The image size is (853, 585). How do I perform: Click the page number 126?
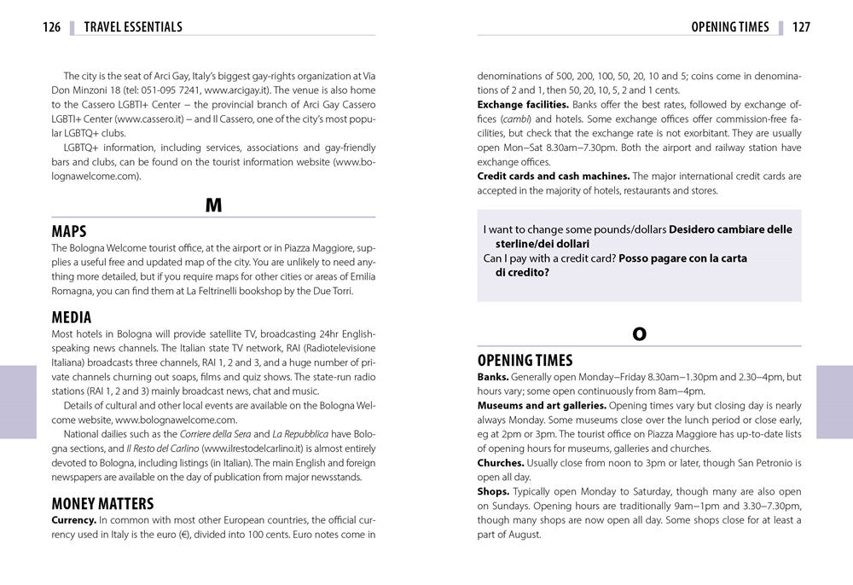coord(51,27)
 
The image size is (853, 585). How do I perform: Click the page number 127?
coord(801,27)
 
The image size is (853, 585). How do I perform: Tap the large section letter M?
coord(213,206)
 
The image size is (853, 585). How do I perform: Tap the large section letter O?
coord(639,334)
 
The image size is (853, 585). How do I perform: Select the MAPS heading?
coord(69,232)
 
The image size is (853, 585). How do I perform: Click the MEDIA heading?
coord(72,318)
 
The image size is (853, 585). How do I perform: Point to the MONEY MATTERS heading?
coord(102,503)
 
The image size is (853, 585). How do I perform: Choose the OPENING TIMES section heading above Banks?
coord(525,361)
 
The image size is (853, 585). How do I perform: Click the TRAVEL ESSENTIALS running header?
coord(133,27)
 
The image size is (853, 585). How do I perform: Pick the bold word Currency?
coord(73,519)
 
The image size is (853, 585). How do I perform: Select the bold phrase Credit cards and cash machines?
coord(554,177)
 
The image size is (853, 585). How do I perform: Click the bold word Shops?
coord(493,492)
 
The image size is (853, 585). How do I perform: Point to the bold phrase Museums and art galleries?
coord(542,405)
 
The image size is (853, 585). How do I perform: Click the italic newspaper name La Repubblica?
coord(301,434)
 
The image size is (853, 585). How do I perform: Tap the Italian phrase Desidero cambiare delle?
coord(730,229)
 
